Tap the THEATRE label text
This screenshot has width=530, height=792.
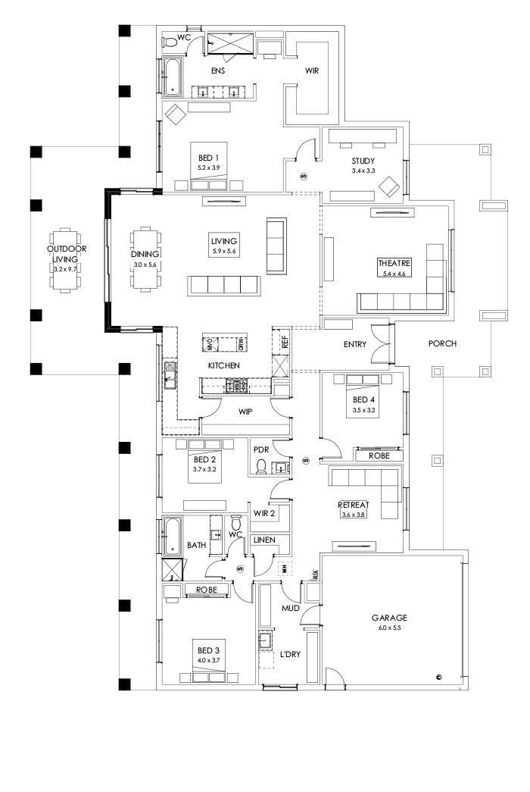(x=394, y=263)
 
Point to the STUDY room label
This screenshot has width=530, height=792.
(x=363, y=161)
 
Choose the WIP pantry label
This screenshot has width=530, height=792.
(x=245, y=412)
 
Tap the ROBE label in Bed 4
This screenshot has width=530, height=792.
(x=379, y=457)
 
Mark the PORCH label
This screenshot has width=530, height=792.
(x=441, y=343)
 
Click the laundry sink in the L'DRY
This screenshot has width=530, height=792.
(x=265, y=642)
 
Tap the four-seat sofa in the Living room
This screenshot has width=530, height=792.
(x=224, y=285)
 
